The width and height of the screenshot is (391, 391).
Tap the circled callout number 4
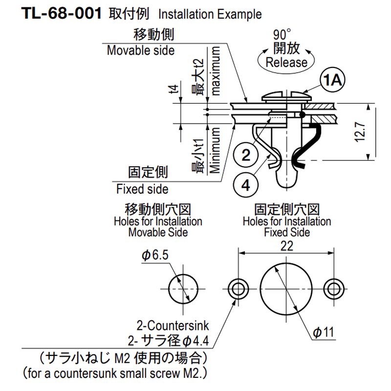tap(246, 185)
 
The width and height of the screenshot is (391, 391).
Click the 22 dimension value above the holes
tap(288, 246)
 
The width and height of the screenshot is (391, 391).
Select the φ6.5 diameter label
tap(155, 255)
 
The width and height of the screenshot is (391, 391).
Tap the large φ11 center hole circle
tap(286, 289)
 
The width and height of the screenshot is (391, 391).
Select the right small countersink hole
tap(335, 289)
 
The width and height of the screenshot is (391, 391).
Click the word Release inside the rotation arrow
tap(286, 63)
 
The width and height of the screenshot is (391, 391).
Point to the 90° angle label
tap(282, 35)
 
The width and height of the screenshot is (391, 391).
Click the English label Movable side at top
tap(140, 50)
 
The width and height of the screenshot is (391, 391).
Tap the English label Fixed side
tap(142, 189)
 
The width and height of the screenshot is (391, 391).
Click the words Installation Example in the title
tap(210, 14)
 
